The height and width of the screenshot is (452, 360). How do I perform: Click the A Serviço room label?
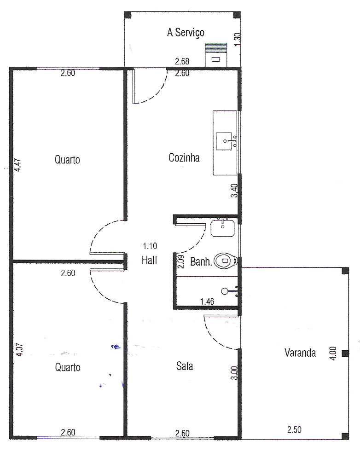coord(186,32)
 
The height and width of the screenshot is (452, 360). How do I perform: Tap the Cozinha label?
coord(184,158)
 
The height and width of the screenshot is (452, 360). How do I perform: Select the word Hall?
coord(149,261)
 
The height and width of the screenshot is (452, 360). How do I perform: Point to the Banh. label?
coord(201,262)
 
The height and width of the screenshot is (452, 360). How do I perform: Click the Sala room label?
coord(185,366)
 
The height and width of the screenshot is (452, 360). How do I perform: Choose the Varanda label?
coord(300,353)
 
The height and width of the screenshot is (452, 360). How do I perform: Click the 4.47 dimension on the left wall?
coord(18,165)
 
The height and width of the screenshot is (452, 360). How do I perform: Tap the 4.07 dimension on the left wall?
coord(19,349)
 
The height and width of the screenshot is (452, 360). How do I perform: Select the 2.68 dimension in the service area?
coord(182,61)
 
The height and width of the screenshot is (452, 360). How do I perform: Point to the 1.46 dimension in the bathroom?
coord(207,301)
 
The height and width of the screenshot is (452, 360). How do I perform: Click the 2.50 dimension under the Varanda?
coord(294,429)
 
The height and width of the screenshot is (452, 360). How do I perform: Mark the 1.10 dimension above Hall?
coord(150,246)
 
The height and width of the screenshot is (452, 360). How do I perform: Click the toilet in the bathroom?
coord(226,261)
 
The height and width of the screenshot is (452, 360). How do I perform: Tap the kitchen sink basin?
coord(224,141)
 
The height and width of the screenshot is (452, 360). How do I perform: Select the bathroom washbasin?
coord(222,228)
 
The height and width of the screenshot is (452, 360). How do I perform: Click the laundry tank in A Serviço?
coord(216,55)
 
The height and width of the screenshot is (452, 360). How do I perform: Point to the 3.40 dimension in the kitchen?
coord(235,191)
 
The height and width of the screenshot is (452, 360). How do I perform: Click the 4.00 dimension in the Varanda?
coord(333,353)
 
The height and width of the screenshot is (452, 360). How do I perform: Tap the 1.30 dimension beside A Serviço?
coord(238,39)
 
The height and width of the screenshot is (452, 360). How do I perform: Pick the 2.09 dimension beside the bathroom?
coord(181,262)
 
